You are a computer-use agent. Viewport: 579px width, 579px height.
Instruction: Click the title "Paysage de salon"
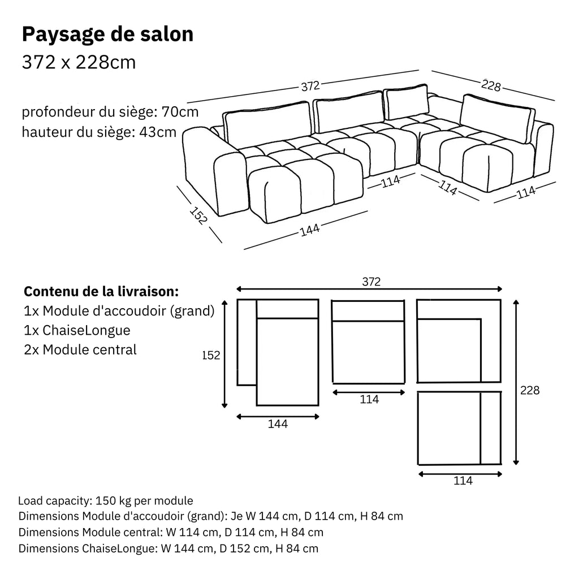[107, 34]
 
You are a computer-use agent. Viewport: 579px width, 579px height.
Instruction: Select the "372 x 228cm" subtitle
[79, 62]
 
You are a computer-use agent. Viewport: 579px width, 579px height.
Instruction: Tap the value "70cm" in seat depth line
[180, 111]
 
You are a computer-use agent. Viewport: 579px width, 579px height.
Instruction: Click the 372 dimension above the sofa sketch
[310, 87]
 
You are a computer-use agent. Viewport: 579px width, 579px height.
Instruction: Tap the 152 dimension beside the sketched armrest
[198, 217]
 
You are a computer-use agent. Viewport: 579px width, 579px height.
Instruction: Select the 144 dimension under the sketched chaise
[310, 230]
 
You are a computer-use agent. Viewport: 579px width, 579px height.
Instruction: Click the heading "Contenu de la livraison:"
[101, 292]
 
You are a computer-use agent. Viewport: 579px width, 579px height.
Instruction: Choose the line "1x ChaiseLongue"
[77, 330]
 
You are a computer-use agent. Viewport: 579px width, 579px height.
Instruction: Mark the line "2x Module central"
[80, 349]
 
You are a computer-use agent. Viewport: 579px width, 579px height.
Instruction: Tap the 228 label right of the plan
[530, 390]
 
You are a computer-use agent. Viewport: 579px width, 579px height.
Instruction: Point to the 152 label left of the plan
[210, 356]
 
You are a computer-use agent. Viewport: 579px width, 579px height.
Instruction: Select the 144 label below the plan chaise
[278, 424]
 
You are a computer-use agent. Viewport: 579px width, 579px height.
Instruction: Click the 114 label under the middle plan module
[369, 399]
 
